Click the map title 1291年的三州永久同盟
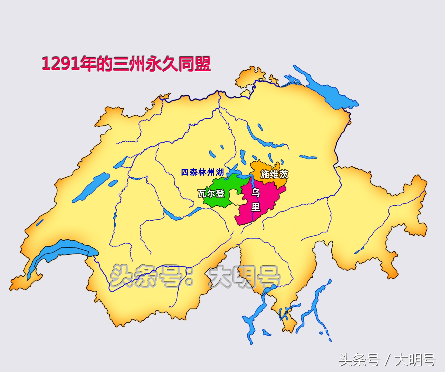tap(126, 63)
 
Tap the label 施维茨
tap(274, 174)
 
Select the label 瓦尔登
tap(211, 194)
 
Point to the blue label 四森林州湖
tap(202, 172)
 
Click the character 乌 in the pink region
tap(256, 193)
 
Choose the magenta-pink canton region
tap(265, 201)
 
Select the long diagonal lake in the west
tap(90, 187)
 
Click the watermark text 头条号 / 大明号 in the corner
tap(387, 360)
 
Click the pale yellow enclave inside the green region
tap(237, 198)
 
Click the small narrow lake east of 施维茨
tap(308, 157)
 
